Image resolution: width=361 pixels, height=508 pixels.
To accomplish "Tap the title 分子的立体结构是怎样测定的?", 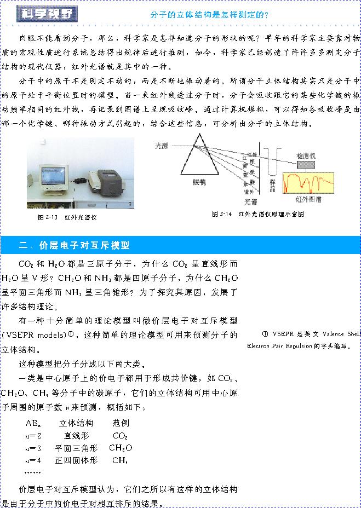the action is (209, 14).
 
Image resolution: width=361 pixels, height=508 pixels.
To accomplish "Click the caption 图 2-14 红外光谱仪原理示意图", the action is (257, 214).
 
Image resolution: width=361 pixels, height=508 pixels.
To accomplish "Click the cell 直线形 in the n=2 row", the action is (76, 436).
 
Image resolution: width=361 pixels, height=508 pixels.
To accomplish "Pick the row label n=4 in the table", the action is (33, 460).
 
